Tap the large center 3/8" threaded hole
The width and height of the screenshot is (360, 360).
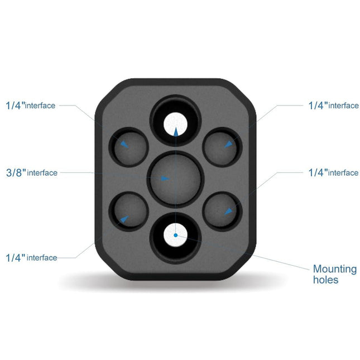175,178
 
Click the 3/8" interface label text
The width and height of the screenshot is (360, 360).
32,172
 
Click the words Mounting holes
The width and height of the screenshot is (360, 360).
334,274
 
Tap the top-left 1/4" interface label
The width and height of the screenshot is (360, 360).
31,105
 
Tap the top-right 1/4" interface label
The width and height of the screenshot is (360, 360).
333,105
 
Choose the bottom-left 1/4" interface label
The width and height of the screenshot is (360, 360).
32,257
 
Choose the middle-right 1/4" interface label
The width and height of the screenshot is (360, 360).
333,172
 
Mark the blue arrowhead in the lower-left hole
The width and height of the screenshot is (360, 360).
124,219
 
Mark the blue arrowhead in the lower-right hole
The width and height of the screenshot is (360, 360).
227,211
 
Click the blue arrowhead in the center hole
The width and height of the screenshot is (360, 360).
164,179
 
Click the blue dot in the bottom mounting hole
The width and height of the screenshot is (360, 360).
176,236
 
